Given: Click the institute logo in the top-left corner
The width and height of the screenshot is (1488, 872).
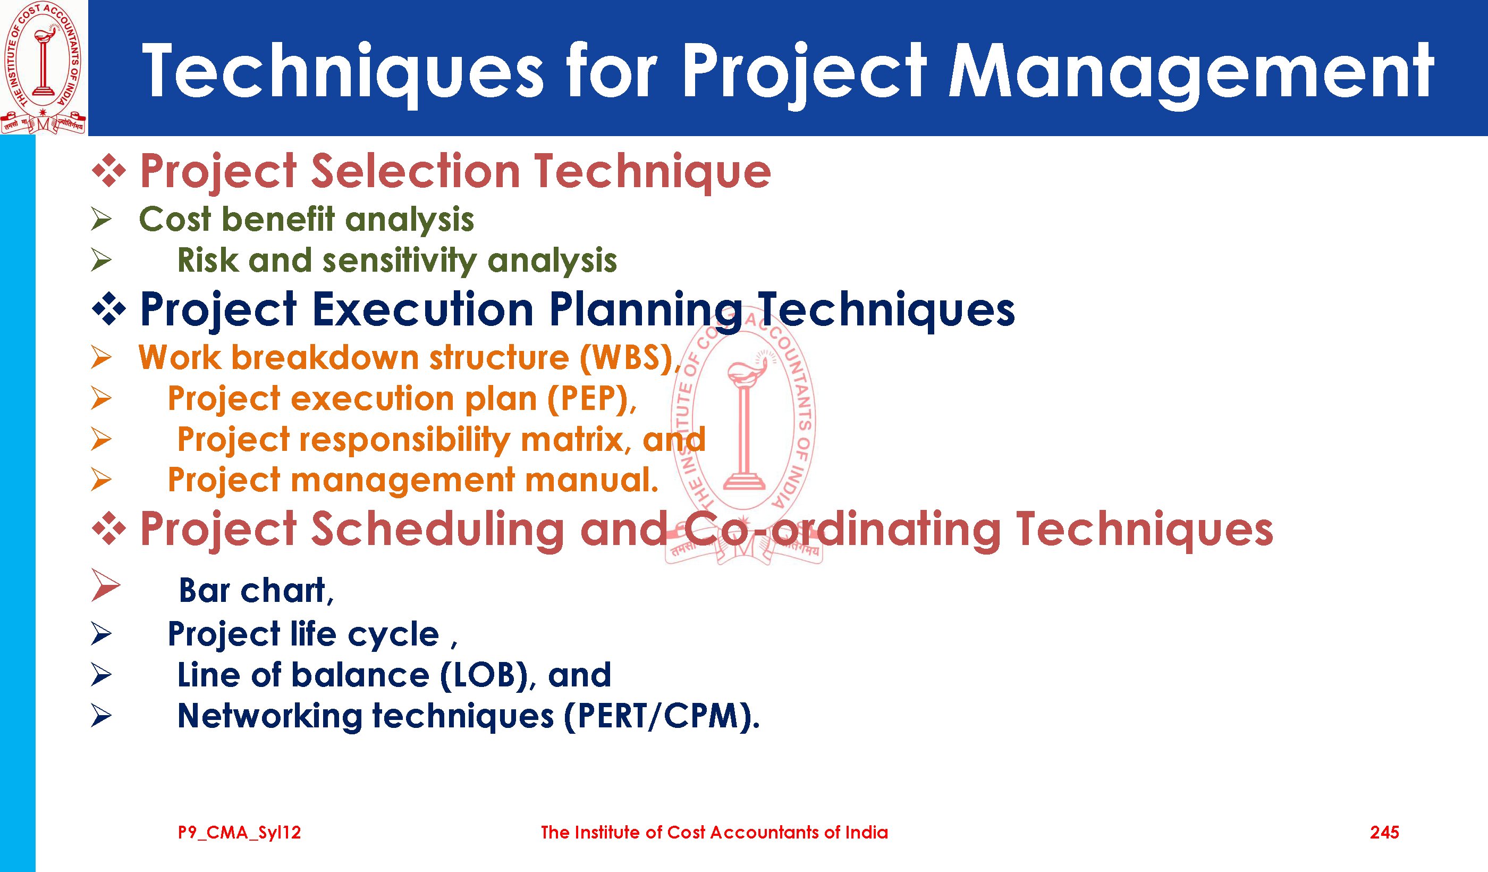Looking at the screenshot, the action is [44, 68].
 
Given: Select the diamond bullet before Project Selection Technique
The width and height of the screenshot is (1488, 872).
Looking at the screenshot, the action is [109, 171].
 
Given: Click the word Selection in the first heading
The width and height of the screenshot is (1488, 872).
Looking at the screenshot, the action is [415, 171].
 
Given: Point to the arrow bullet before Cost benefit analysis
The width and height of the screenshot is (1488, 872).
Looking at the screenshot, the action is [102, 219].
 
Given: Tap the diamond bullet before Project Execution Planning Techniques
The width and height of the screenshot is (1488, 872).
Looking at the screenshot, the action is [109, 309].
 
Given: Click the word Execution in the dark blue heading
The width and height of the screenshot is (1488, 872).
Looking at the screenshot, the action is [423, 309].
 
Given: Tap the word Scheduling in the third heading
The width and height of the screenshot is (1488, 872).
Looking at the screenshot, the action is [437, 530].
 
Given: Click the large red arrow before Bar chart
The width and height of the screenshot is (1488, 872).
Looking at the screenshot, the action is [106, 585].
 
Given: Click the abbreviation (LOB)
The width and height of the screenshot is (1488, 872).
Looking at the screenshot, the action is [484, 675].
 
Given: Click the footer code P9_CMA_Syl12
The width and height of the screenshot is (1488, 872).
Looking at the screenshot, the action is [240, 833].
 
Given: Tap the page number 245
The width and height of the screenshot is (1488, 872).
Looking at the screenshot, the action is [1385, 833].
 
